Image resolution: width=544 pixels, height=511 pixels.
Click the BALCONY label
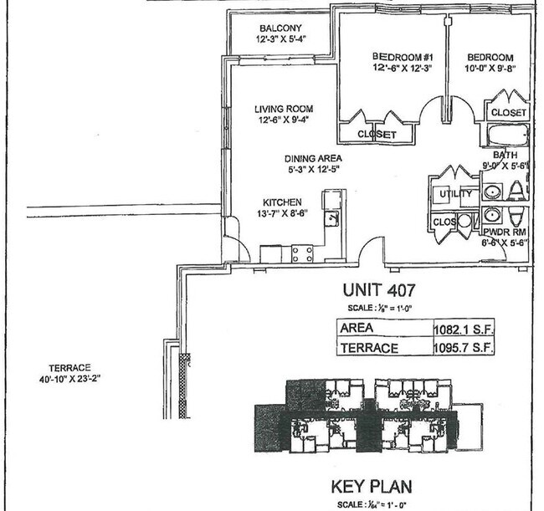[x=280, y=28]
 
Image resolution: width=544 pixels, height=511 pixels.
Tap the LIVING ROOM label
[x=284, y=109]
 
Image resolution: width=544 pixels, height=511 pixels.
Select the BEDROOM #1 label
[x=399, y=57]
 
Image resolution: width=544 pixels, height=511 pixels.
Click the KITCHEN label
[x=282, y=202]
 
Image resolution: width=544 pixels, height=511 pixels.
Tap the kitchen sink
[x=332, y=219]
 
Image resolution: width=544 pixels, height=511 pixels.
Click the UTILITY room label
[x=445, y=195]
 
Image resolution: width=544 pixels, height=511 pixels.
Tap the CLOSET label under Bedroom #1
[x=377, y=134]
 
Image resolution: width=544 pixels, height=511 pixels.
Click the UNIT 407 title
[x=379, y=292]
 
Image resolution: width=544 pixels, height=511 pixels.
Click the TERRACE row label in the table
[x=368, y=348]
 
